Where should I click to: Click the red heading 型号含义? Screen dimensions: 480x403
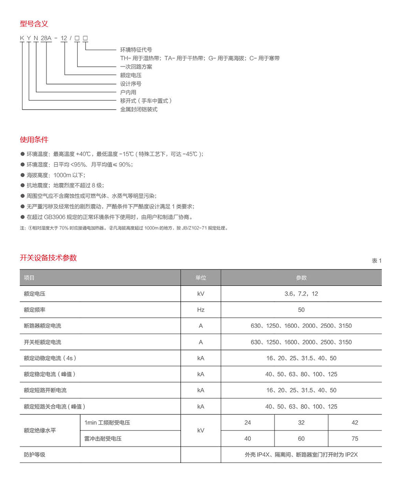point(34,24)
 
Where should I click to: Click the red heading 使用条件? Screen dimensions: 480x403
point(34,140)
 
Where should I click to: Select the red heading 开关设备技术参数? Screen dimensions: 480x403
point(48,258)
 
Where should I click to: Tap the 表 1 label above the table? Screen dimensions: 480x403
point(376,261)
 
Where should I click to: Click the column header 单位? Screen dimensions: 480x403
point(200,278)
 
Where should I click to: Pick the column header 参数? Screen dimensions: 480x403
point(301,278)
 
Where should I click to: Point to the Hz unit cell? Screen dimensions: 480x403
point(200,310)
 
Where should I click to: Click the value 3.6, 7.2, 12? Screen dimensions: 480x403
point(301,294)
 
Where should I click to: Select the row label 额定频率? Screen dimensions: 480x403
point(35,310)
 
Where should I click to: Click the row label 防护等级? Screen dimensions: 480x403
point(35,455)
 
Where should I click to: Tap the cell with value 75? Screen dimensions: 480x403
point(354,439)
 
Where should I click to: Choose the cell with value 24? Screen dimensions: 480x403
point(247,423)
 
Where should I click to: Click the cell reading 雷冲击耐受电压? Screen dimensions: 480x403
point(103,439)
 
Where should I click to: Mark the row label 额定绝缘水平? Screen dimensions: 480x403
point(40,431)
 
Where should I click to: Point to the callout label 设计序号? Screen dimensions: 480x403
point(131,84)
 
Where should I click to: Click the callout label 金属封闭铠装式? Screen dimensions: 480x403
point(139,109)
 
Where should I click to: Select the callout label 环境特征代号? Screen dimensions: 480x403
point(136,50)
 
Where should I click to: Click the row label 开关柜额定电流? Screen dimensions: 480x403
point(42,342)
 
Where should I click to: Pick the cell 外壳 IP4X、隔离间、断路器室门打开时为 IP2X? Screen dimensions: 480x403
point(301,455)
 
